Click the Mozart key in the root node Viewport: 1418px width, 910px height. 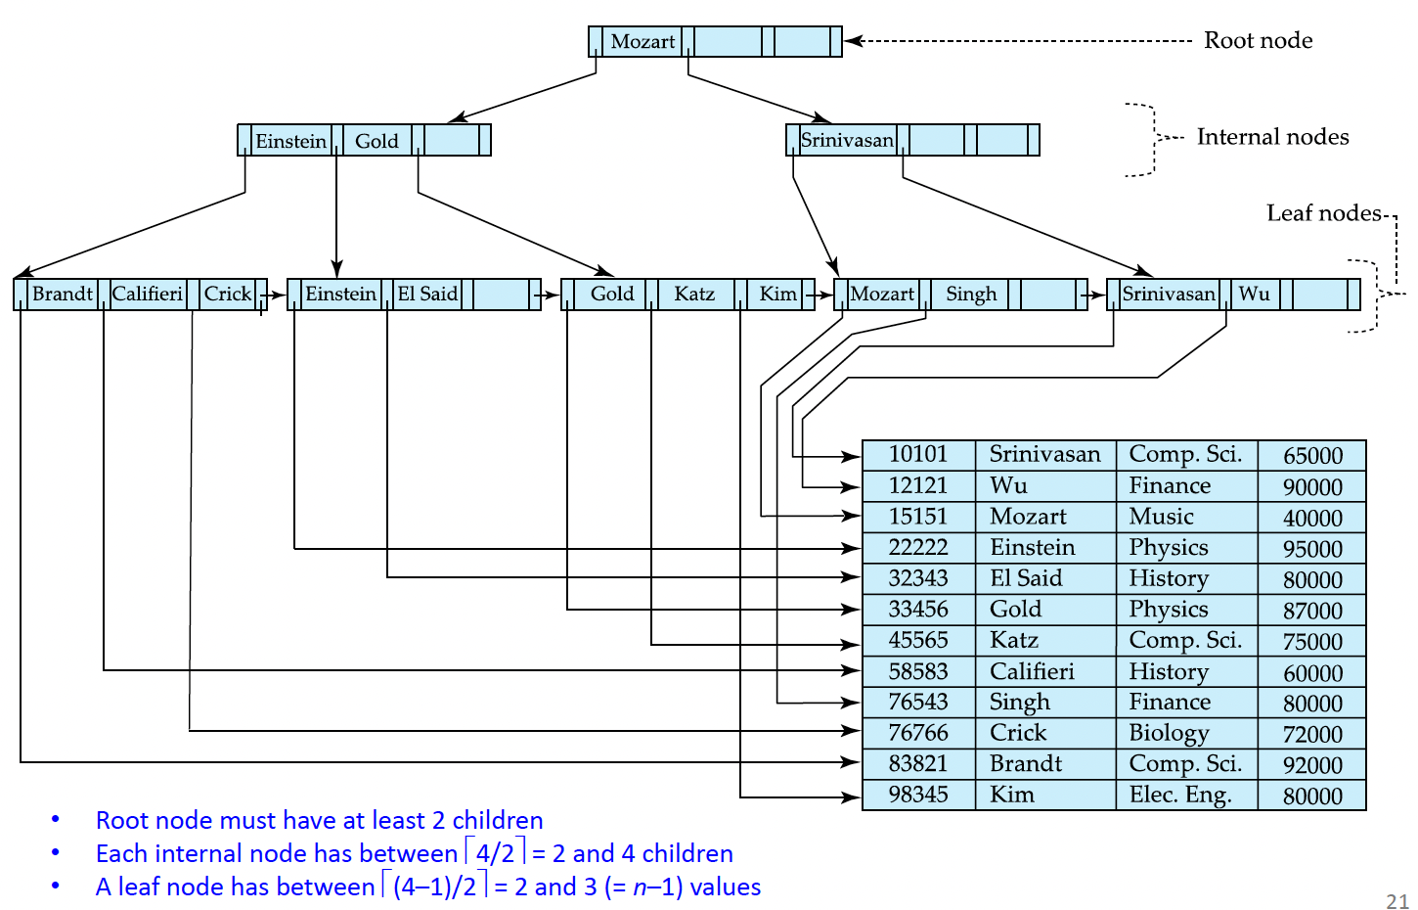pyautogui.click(x=643, y=41)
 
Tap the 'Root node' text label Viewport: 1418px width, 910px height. pyautogui.click(x=1258, y=40)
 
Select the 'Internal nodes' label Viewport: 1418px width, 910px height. pyautogui.click(x=1272, y=137)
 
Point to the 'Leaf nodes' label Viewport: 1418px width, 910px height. pyautogui.click(x=1323, y=213)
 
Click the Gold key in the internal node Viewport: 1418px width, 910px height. pyautogui.click(x=377, y=141)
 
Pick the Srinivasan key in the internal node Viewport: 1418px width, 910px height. pyautogui.click(x=847, y=140)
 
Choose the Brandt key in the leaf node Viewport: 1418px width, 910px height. pyautogui.click(x=62, y=294)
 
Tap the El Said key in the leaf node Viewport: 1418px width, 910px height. pyautogui.click(x=427, y=294)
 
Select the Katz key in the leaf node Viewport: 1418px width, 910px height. pyautogui.click(x=694, y=294)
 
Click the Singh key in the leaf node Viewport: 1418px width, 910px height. pyautogui.click(x=971, y=294)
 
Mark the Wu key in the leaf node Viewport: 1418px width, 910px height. pyautogui.click(x=1254, y=294)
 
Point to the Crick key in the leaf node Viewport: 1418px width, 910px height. pyautogui.click(x=228, y=294)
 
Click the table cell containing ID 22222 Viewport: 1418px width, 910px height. pyautogui.click(x=918, y=547)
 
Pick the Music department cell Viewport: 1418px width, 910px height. pyautogui.click(x=1162, y=517)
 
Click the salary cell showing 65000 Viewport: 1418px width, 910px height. pyautogui.click(x=1312, y=456)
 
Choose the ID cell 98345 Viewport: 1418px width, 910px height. pyautogui.click(x=918, y=795)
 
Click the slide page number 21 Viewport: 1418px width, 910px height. pyautogui.click(x=1397, y=901)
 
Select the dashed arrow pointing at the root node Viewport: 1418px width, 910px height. pyautogui.click(x=1017, y=41)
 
